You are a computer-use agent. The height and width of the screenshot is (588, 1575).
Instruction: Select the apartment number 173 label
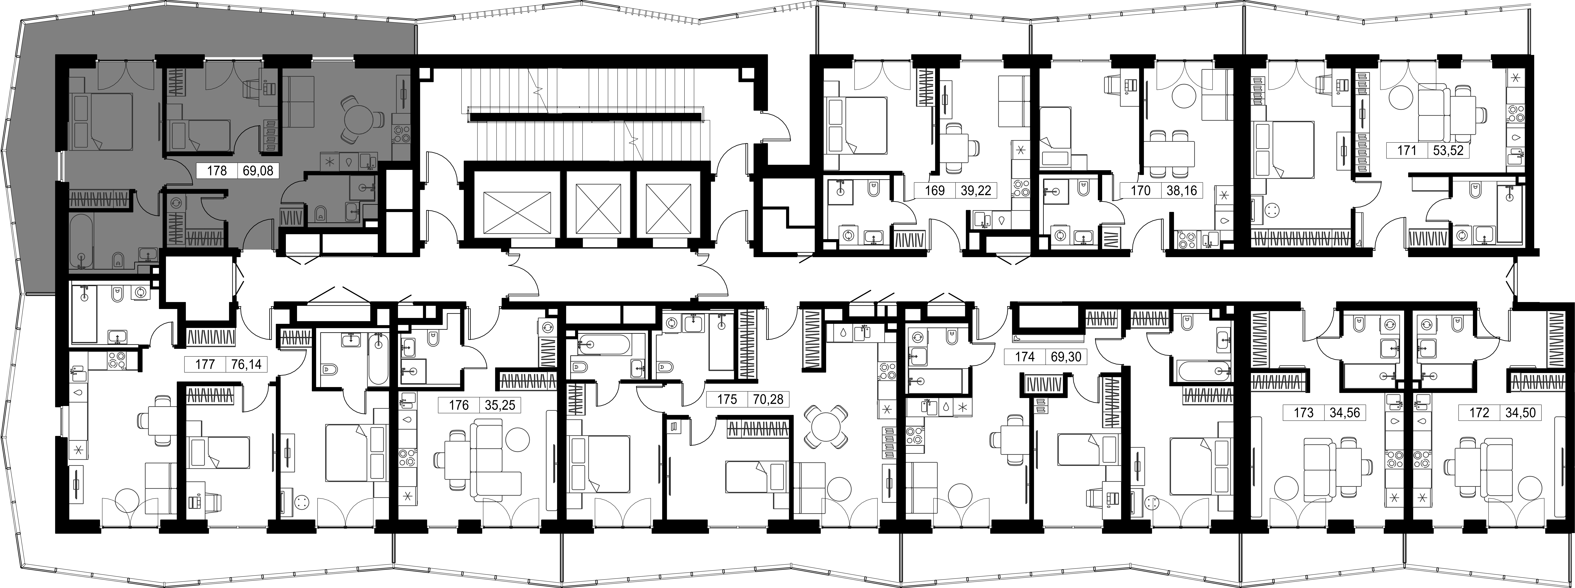(1303, 413)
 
